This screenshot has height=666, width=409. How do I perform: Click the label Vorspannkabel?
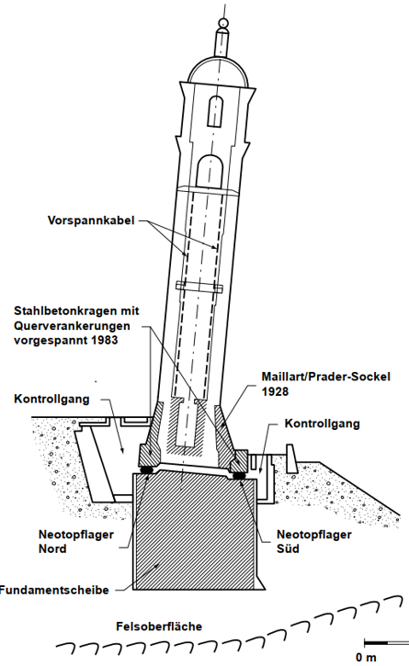91,220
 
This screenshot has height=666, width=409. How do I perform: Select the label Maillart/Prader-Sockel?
325,377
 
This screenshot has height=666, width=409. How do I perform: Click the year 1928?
275,391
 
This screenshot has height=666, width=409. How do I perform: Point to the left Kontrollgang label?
51,400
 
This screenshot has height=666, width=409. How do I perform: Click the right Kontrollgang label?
323,423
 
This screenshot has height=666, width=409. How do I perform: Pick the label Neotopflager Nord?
76,542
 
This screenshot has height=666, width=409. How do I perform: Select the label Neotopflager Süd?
314,542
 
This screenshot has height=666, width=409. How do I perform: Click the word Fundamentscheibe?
54,590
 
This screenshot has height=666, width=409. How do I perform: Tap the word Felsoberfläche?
159,626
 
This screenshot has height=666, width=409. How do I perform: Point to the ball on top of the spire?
222,23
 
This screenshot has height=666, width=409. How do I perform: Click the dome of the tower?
218,70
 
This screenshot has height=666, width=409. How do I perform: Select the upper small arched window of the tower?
215,111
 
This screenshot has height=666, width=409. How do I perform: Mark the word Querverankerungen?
72,326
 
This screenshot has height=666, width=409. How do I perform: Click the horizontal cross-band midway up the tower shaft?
199,287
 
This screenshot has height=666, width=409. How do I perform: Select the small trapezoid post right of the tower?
291,457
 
